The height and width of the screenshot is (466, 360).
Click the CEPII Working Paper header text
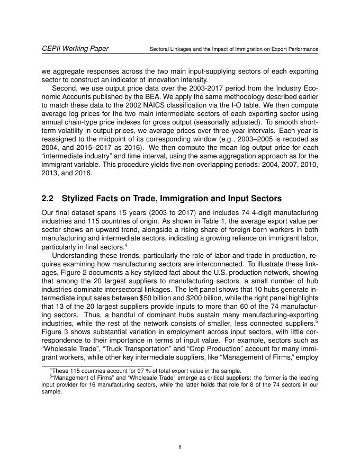point(75,49)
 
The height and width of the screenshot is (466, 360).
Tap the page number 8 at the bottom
point(180,447)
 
